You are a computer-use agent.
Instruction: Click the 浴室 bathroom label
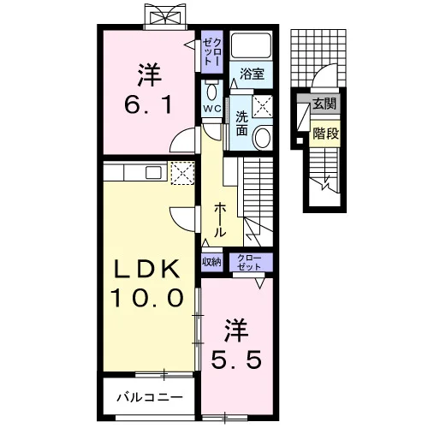tap(252, 74)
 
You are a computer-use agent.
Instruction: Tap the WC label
tap(212, 109)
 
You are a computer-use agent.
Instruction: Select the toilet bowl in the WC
tap(212, 92)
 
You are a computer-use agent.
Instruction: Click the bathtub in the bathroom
tap(251, 45)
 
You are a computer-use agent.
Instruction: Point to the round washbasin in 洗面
tap(263, 138)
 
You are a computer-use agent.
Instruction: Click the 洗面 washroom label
tap(241, 123)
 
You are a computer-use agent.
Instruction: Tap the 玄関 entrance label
tap(324, 104)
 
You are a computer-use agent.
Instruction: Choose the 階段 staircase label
tap(325, 134)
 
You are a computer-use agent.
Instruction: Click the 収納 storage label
tap(211, 262)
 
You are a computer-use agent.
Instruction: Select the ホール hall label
tap(220, 220)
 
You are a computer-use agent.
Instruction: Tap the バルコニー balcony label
tap(150, 397)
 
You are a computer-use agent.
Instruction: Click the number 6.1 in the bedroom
tap(149, 104)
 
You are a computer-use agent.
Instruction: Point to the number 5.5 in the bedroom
tap(236, 360)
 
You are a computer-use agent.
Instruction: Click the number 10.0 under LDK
tap(148, 298)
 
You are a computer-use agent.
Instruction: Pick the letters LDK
tap(147, 269)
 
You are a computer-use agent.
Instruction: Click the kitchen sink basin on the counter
tap(153, 173)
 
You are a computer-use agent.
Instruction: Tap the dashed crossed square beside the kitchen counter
tap(183, 173)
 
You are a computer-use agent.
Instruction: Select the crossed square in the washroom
tap(263, 106)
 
